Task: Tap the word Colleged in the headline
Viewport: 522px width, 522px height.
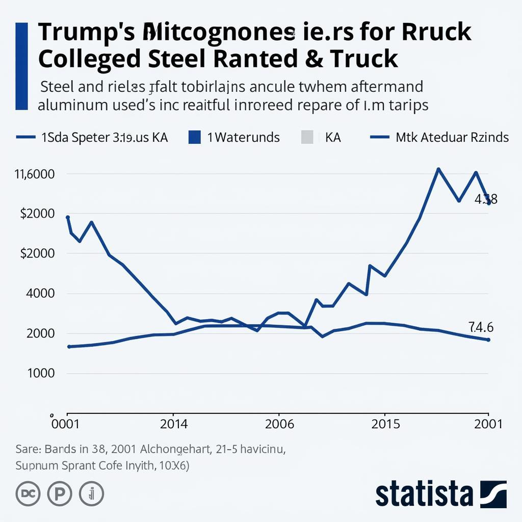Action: [90, 59]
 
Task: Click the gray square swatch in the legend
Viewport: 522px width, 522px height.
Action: [308, 137]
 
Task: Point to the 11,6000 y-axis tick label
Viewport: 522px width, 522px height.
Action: [34, 174]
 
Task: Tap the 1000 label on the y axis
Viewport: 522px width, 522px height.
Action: [39, 373]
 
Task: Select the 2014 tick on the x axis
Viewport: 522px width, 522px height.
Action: [174, 424]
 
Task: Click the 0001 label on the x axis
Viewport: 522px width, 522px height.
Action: [67, 424]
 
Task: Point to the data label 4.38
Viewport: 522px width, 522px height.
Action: [486, 199]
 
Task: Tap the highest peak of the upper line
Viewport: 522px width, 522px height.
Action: [438, 169]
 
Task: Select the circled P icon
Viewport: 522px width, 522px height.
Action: [60, 493]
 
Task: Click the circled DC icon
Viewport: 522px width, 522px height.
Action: [28, 493]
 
